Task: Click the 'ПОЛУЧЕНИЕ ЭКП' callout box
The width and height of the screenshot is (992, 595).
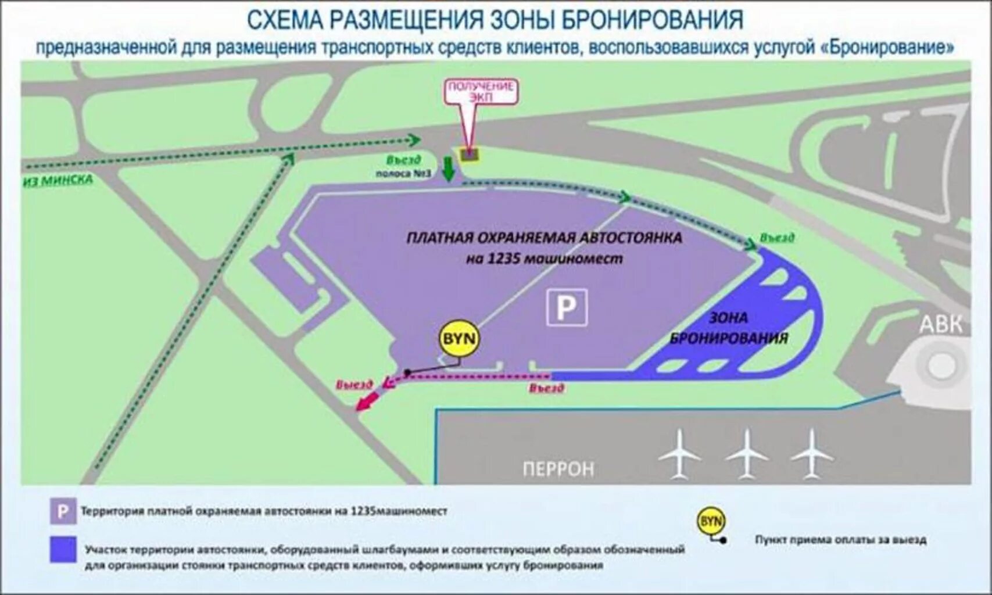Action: [481, 92]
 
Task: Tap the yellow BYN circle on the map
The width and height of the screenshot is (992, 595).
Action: [459, 338]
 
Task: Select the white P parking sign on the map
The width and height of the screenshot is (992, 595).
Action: [566, 307]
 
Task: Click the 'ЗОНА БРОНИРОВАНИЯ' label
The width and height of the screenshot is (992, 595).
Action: [729, 328]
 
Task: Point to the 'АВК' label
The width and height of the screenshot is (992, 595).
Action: [940, 324]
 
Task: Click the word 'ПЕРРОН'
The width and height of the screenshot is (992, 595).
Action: [558, 468]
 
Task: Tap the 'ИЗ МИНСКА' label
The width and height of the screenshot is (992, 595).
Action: [58, 180]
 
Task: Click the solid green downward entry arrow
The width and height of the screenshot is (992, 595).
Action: [448, 169]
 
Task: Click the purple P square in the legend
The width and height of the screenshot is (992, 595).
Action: [63, 512]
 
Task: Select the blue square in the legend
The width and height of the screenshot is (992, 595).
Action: [63, 550]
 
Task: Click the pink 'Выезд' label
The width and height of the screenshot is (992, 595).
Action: [354, 385]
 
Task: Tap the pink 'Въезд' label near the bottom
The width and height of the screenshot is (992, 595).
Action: [546, 388]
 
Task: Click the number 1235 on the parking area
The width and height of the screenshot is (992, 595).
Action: [503, 259]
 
